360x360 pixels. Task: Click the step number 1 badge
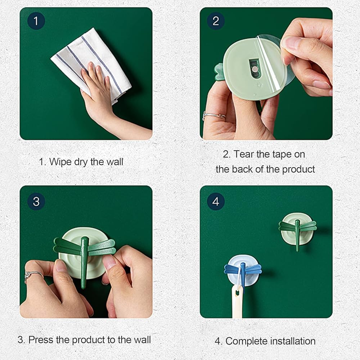click(x=36, y=21)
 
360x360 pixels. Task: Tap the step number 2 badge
click(x=216, y=21)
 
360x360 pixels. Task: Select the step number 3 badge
click(x=36, y=201)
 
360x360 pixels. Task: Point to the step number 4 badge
click(x=216, y=201)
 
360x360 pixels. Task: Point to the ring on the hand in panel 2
click(x=213, y=115)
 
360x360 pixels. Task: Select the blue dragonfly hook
click(x=243, y=271)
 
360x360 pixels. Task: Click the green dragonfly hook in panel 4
click(x=298, y=230)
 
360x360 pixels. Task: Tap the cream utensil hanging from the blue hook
click(x=237, y=301)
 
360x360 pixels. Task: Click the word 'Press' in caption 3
click(x=41, y=340)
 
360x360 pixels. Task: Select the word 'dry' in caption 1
click(x=81, y=162)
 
